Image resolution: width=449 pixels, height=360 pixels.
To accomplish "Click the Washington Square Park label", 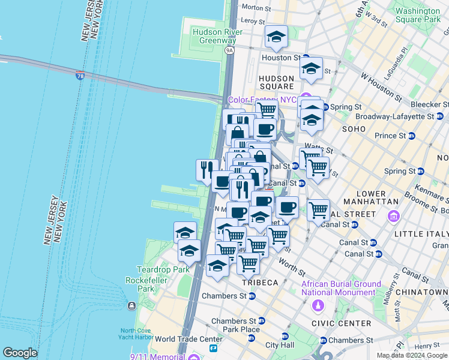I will coord(418,15).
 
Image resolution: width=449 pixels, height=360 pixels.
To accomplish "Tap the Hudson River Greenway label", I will coord(217,36).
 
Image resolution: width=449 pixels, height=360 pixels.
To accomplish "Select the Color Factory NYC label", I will coord(262,100).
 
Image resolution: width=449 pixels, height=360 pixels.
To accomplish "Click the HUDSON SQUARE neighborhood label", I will coord(277,83).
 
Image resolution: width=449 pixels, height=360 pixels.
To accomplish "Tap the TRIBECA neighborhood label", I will coord(260,282).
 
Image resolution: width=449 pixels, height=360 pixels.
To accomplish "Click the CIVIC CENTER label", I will coord(345,323).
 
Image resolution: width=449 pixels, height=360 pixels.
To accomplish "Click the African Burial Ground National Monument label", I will coord(341,288).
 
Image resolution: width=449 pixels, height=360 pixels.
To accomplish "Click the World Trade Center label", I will coord(188,339).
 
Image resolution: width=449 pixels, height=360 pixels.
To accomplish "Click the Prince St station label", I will coord(390,136).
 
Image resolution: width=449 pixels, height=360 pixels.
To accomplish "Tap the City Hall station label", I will coord(280,345).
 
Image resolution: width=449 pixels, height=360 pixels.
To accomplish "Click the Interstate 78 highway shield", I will coord(80,76).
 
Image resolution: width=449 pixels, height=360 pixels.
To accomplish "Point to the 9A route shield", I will coord(229,50).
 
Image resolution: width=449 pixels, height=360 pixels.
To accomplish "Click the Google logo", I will coord(20,353).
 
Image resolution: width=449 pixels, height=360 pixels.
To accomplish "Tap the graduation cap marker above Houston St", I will coord(276,37).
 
